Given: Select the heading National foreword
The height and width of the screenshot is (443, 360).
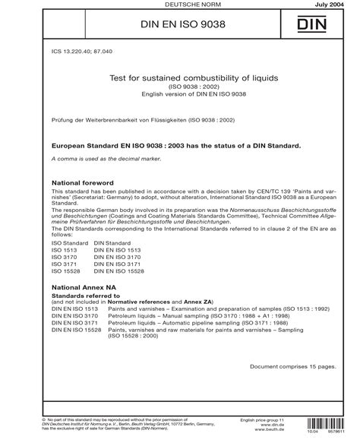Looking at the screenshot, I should click(x=81, y=184).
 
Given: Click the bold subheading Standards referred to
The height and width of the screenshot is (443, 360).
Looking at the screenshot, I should click(x=83, y=298).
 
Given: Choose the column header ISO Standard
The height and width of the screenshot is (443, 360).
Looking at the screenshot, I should click(x=68, y=242).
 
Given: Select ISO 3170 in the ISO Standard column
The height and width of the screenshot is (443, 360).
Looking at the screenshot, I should click(x=64, y=258).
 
